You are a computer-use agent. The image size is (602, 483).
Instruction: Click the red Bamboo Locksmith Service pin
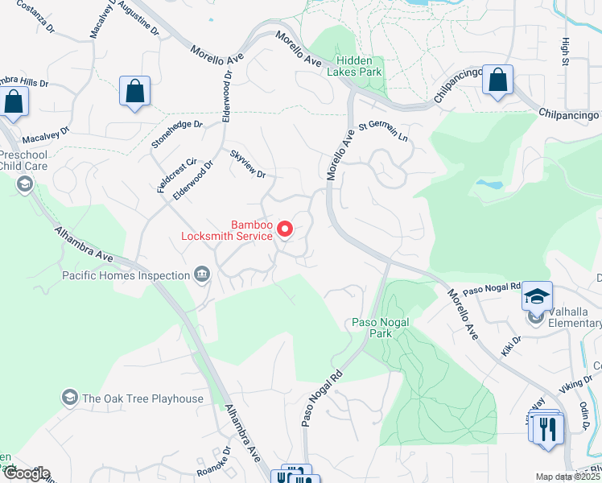point(285,230)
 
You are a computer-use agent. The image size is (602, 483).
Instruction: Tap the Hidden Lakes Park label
point(359,65)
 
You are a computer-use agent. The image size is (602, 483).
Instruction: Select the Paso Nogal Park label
point(381,327)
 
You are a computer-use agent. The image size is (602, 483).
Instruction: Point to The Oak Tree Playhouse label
point(142,398)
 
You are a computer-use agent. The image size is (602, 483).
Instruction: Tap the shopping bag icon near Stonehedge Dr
point(135,92)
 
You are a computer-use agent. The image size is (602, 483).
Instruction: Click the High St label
point(566,52)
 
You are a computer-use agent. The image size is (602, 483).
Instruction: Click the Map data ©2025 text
point(567,477)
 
